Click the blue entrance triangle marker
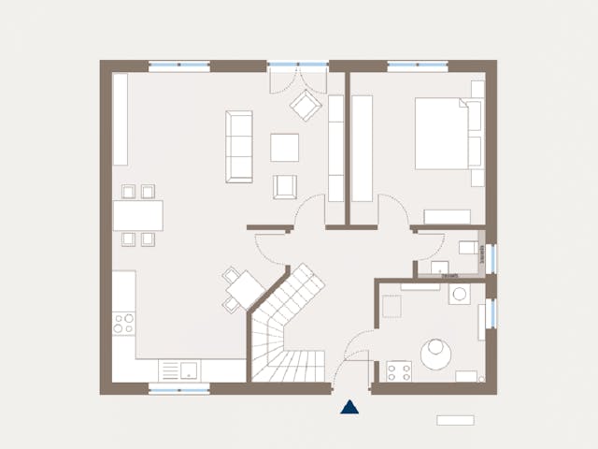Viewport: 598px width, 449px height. click(x=349, y=407)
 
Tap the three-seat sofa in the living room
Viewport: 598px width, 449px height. click(x=239, y=147)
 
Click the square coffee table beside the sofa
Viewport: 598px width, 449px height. click(x=284, y=147)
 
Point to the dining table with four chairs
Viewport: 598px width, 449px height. click(x=137, y=215)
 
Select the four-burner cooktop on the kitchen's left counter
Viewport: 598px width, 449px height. click(x=124, y=325)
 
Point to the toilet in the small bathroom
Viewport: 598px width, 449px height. click(x=468, y=248)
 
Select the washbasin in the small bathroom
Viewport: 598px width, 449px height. click(x=440, y=269)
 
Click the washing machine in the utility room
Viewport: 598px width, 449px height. click(x=460, y=296)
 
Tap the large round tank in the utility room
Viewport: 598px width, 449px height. click(x=436, y=353)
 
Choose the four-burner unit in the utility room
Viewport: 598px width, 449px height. click(x=399, y=372)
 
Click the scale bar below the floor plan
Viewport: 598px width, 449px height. click(x=455, y=420)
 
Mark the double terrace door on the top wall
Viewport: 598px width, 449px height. click(x=298, y=66)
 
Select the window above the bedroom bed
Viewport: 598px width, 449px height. click(x=418, y=66)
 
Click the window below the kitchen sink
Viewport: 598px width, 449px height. click(x=178, y=388)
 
